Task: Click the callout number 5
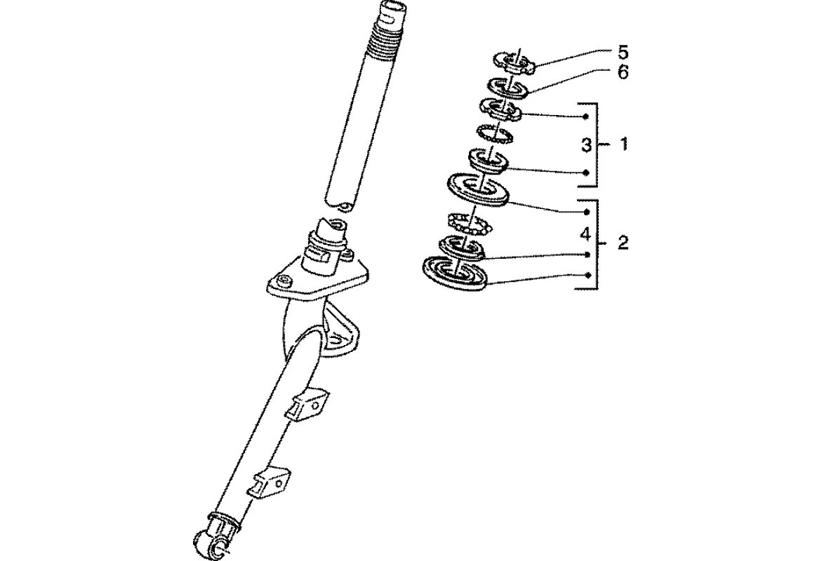pyautogui.click(x=623, y=53)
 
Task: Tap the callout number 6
pyautogui.click(x=623, y=72)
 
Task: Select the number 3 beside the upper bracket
pyautogui.click(x=587, y=145)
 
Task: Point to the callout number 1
pyautogui.click(x=623, y=144)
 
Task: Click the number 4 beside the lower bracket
pyautogui.click(x=587, y=233)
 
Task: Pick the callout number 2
pyautogui.click(x=623, y=243)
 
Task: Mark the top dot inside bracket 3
pyautogui.click(x=585, y=116)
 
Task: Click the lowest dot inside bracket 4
pyautogui.click(x=587, y=276)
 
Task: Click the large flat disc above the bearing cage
pyautogui.click(x=479, y=189)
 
